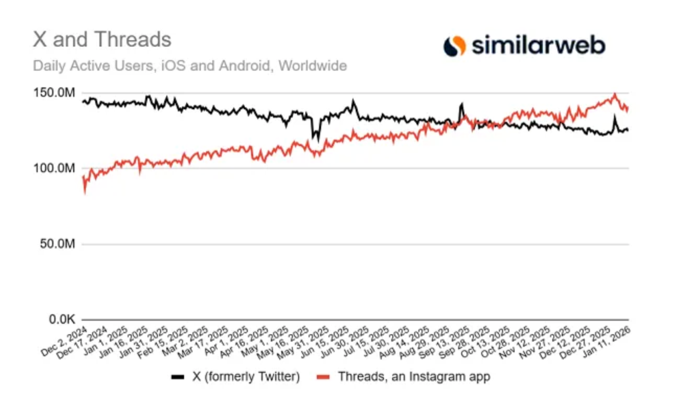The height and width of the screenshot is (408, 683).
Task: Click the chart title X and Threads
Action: click(102, 40)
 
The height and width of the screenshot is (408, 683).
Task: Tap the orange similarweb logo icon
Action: click(454, 46)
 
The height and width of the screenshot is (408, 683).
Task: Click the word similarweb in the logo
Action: click(539, 46)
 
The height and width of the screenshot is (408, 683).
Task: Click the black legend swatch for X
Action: click(178, 377)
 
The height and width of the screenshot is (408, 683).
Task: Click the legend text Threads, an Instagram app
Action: click(414, 377)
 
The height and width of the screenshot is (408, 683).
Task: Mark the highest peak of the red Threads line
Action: click(615, 94)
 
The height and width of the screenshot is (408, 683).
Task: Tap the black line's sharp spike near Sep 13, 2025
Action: click(462, 104)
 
